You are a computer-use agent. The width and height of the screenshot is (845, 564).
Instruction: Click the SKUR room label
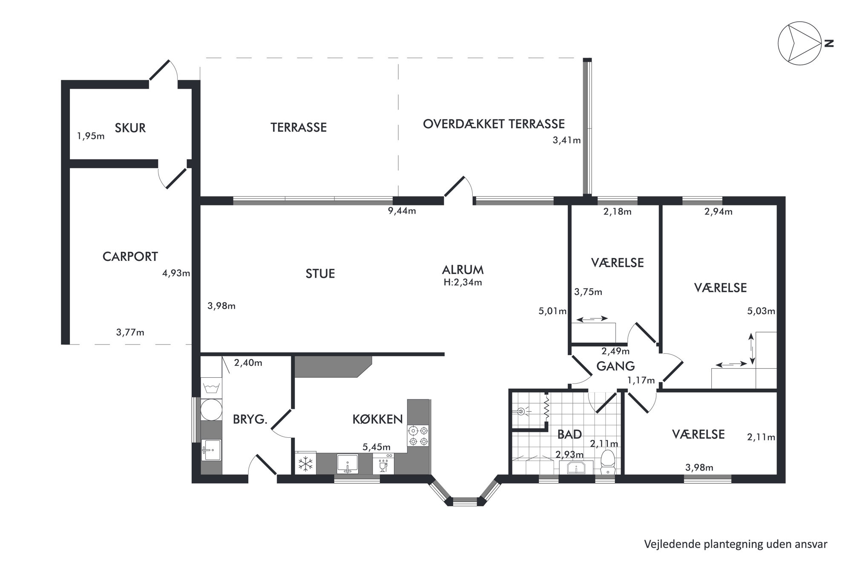130,128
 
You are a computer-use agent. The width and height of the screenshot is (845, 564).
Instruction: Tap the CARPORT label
130,257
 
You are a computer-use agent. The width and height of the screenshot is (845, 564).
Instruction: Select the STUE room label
320,274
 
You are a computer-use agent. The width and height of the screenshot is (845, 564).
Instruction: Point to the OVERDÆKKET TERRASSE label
494,124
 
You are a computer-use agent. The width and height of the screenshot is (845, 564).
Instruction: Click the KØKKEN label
378,419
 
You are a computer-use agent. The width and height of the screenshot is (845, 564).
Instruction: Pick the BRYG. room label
250,419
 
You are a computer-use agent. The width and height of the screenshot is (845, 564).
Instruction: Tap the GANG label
615,366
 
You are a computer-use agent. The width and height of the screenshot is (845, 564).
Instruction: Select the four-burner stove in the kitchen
418,436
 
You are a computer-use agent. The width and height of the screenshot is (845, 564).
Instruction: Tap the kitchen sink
347,463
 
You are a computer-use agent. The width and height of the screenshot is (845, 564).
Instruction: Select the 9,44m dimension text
401,211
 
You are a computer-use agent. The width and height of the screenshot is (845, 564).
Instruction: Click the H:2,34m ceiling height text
463,282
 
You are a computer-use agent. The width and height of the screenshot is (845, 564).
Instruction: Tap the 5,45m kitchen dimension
377,447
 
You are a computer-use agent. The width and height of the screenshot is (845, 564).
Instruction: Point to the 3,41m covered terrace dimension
566,140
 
